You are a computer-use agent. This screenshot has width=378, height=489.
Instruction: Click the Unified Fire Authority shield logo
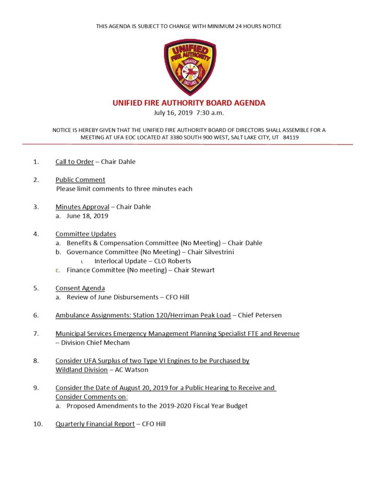coord(189,66)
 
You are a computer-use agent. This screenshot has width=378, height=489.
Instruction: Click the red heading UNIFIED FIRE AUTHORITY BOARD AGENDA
coord(189,103)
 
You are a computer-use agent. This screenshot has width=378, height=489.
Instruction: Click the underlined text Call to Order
coord(75,161)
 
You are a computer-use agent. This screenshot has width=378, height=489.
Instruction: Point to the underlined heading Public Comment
coord(80,180)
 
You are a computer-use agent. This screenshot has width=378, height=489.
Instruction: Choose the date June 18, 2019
coord(87,216)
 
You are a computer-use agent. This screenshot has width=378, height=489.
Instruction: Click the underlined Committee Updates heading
coord(86,234)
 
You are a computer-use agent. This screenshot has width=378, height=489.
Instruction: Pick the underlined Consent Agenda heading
coord(80,288)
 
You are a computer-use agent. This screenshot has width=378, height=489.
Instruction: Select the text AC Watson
coord(132,370)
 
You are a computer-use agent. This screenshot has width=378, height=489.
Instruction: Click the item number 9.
coord(36,388)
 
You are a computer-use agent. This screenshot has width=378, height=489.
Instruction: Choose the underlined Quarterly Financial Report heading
coord(95,424)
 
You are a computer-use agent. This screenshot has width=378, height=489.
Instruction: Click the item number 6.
coord(36,315)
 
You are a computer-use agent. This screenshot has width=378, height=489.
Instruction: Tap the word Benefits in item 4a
coord(80,243)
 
